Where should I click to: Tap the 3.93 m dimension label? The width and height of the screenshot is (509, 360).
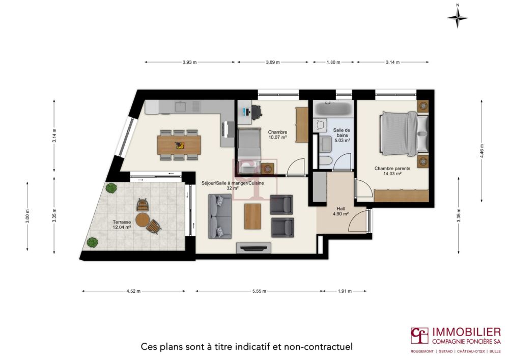pyautogui.click(x=190, y=62)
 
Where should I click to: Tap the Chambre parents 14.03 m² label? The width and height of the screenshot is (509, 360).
pyautogui.click(x=388, y=171)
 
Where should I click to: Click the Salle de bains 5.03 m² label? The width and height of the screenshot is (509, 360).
pyautogui.click(x=341, y=135)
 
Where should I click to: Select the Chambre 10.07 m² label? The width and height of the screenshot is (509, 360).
pyautogui.click(x=277, y=135)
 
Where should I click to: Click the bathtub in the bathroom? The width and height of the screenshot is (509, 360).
pyautogui.click(x=331, y=109)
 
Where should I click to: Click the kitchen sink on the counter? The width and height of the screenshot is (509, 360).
pyautogui.click(x=182, y=107)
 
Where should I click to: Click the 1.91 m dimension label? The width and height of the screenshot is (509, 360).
pyautogui.click(x=345, y=291)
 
